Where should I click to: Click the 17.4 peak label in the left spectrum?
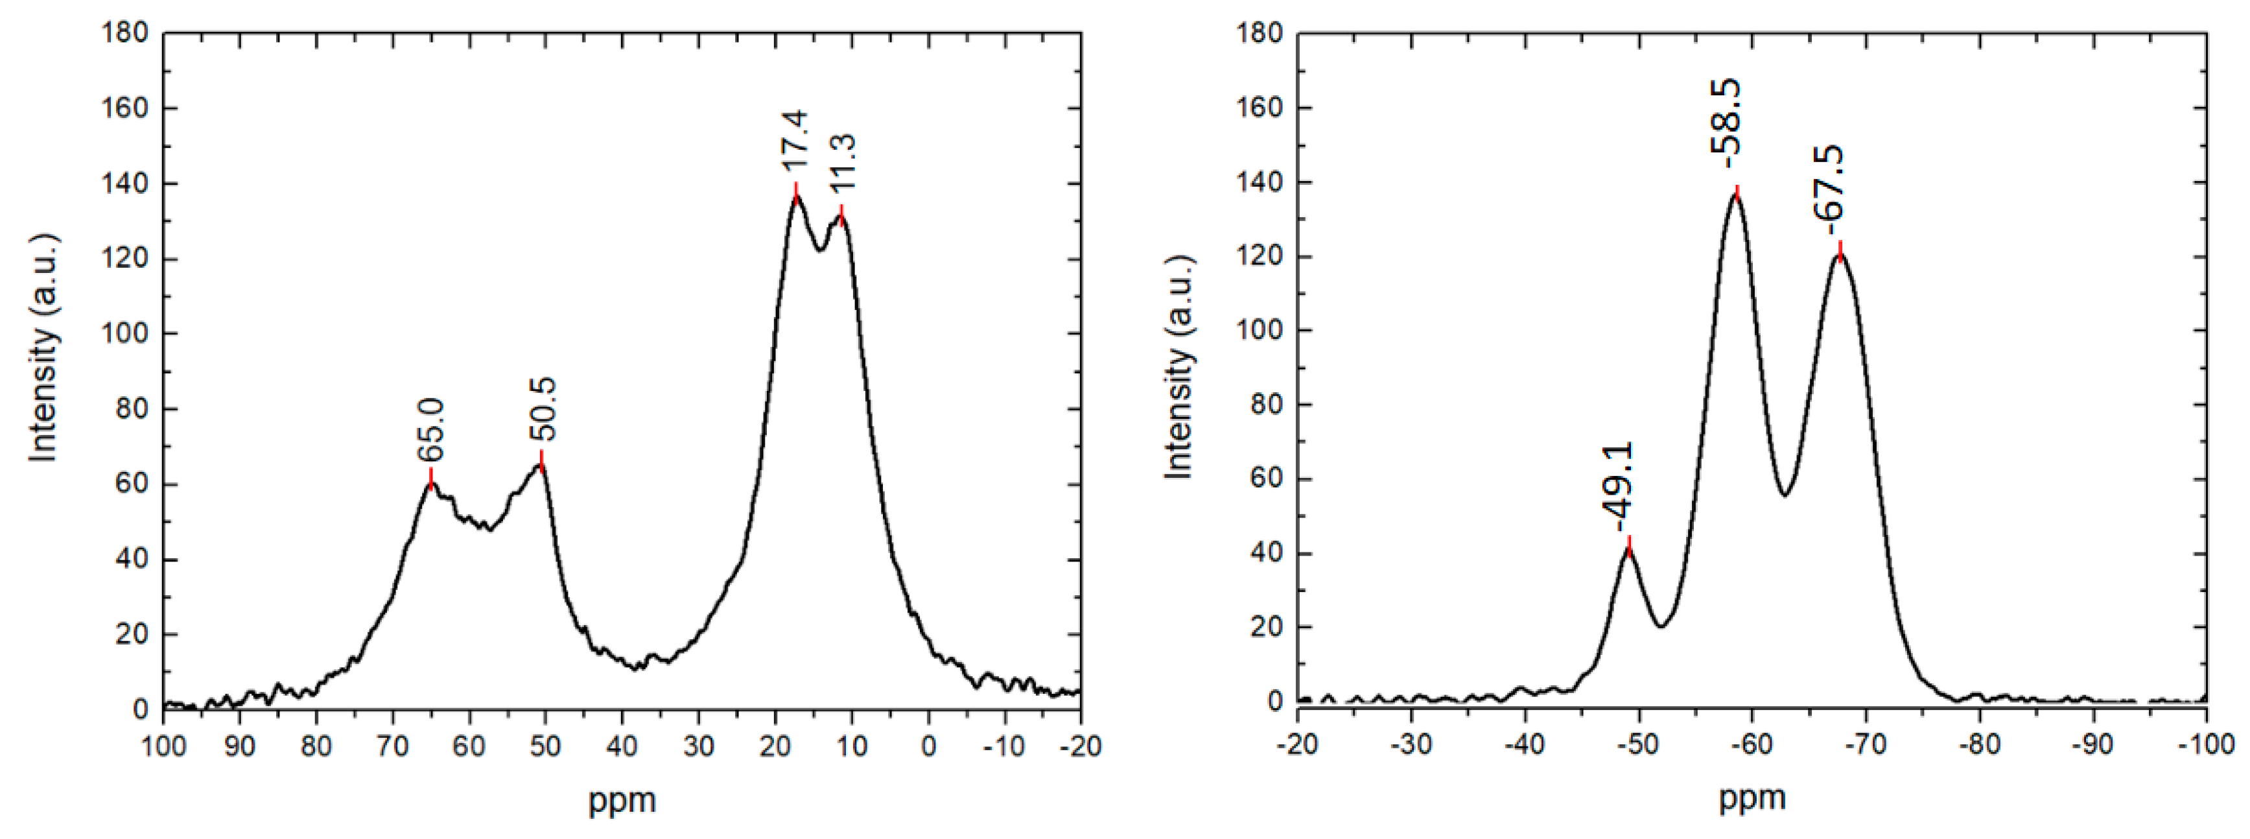click(795, 144)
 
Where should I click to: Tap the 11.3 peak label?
click(842, 163)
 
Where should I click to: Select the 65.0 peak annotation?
click(430, 429)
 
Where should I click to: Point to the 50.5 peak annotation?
click(543, 409)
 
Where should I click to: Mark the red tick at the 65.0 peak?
click(430, 478)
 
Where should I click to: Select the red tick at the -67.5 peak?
click(1840, 250)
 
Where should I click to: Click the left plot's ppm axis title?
click(622, 799)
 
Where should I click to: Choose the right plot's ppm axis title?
click(1752, 797)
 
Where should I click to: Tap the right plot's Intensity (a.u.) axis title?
click(1178, 367)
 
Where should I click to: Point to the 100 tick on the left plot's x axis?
click(163, 746)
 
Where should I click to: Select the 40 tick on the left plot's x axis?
click(622, 746)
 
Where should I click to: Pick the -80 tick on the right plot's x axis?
click(1979, 744)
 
